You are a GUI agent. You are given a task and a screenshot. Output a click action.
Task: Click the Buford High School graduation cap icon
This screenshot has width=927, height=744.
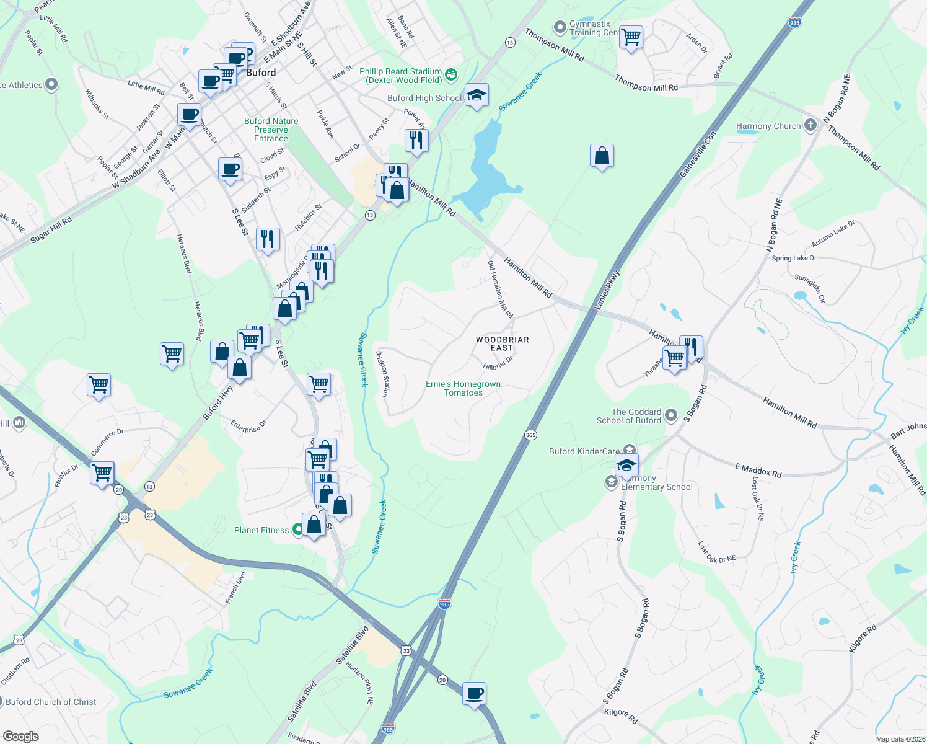coord(476,96)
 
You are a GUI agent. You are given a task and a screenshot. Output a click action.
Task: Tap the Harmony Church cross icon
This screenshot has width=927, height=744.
coord(810,125)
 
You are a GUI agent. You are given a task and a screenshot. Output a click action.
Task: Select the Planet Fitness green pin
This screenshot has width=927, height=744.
coord(298,529)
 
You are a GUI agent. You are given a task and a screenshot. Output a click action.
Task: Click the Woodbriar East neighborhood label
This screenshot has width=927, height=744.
coord(502,343)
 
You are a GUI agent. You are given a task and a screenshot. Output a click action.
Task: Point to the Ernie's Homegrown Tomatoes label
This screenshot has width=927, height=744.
coord(463,388)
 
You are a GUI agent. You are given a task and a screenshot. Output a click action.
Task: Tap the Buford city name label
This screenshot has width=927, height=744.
coord(261,73)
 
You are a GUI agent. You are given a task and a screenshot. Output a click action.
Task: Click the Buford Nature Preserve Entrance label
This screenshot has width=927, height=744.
coord(271,130)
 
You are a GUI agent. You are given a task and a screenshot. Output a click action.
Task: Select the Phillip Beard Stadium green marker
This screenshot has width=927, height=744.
coord(451,74)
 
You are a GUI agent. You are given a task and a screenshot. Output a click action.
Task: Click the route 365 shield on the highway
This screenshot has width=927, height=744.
coord(530,435)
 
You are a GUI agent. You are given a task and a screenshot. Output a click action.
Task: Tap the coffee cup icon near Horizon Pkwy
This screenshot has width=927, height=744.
coord(474,693)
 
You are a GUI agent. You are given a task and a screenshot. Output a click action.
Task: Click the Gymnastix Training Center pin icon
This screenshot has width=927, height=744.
coord(560,27)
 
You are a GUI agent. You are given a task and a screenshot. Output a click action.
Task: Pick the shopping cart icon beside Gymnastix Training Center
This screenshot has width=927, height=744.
coord(631,37)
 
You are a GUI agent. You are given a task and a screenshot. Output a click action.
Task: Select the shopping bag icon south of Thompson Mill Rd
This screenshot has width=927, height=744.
coord(602,156)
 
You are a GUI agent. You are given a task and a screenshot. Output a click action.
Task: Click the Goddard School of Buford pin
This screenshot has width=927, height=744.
coord(670,416)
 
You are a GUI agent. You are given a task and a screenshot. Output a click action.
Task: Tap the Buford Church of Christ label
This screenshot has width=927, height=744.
coord(51,702)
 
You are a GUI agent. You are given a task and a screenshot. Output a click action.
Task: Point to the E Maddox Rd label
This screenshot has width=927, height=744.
coord(758,470)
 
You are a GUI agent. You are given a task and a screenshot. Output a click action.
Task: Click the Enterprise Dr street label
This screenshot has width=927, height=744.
coord(248,427)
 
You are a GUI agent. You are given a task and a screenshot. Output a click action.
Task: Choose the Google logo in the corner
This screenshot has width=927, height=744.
coord(21,736)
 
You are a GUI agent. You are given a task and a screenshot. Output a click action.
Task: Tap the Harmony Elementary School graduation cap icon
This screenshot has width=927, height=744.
coord(626,464)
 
